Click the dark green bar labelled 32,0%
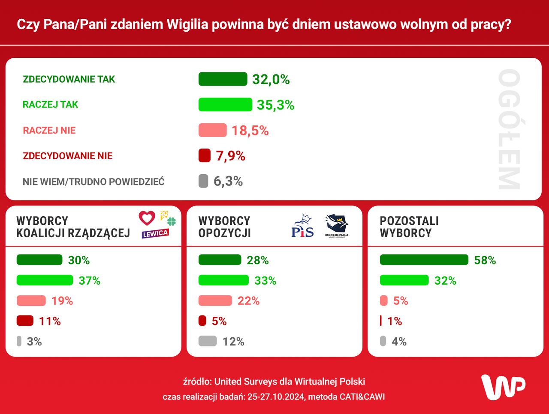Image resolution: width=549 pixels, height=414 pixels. pyautogui.click(x=223, y=79)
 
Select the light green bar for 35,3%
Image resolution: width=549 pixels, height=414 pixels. pyautogui.click(x=225, y=104)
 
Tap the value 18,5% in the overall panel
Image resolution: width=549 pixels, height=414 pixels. pyautogui.click(x=250, y=131)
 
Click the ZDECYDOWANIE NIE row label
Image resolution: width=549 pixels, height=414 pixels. pyautogui.click(x=68, y=156)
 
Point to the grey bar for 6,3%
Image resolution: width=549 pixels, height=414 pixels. pyautogui.click(x=203, y=181)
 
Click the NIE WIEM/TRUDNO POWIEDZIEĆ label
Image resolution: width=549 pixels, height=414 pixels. pyautogui.click(x=94, y=182)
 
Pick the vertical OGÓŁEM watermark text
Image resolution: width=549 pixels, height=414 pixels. pyautogui.click(x=509, y=129)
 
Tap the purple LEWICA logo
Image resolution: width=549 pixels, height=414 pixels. pyautogui.click(x=155, y=233)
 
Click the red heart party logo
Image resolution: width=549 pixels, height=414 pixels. pyautogui.click(x=147, y=218)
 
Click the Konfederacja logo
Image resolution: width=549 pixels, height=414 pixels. pyautogui.click(x=337, y=226)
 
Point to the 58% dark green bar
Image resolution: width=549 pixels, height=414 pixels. pyautogui.click(x=424, y=260)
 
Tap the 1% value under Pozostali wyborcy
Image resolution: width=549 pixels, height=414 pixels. pyautogui.click(x=395, y=321)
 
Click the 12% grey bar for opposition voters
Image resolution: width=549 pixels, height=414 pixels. pyautogui.click(x=208, y=341)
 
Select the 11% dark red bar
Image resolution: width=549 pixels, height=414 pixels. pyautogui.click(x=25, y=321)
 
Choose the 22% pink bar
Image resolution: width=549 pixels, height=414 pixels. pyautogui.click(x=215, y=301)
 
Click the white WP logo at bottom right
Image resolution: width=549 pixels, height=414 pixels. pyautogui.click(x=503, y=387)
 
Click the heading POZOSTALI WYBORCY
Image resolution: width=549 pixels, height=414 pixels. pyautogui.click(x=409, y=227)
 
